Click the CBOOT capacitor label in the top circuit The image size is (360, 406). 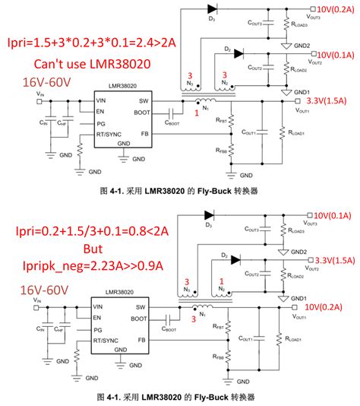point(173,122)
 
